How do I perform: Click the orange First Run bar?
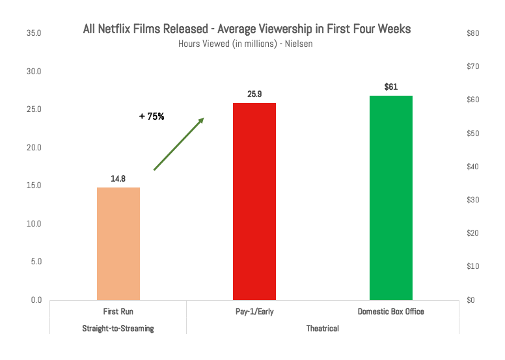[118, 243]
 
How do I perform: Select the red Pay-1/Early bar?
[254, 201]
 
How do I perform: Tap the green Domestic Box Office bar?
[391, 197]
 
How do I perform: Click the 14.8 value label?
[118, 178]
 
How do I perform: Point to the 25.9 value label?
[254, 94]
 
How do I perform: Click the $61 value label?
[391, 87]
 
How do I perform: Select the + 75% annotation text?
[152, 117]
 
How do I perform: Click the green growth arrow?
[179, 144]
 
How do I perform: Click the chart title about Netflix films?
[247, 29]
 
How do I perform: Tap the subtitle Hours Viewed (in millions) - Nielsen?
[247, 44]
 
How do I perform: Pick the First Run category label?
[118, 312]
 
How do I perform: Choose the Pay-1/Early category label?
[254, 312]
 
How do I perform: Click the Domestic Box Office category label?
[391, 312]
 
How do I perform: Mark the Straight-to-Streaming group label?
[118, 328]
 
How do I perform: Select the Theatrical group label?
[323, 328]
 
